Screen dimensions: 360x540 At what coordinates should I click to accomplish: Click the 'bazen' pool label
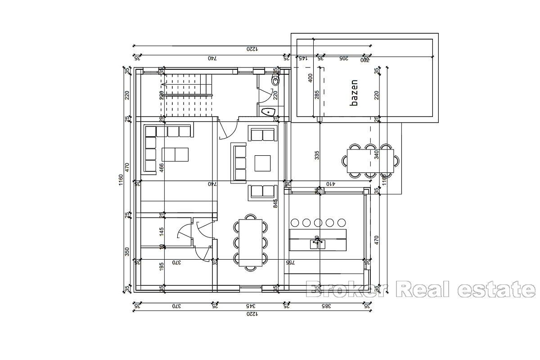point(354,93)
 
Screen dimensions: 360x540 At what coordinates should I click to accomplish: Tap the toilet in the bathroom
point(275,81)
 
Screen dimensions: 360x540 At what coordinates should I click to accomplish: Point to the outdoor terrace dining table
point(372,160)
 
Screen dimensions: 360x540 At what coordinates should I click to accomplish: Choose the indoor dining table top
point(250,242)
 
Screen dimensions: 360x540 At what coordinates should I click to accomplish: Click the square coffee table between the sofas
point(262,163)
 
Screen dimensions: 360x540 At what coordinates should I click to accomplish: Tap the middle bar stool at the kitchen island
point(318,222)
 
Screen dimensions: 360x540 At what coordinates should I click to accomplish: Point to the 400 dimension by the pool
point(310,78)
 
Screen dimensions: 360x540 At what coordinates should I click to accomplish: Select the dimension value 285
point(317,95)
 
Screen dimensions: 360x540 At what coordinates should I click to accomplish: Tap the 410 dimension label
point(331,184)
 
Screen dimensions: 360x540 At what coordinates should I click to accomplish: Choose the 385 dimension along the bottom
point(326,306)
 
